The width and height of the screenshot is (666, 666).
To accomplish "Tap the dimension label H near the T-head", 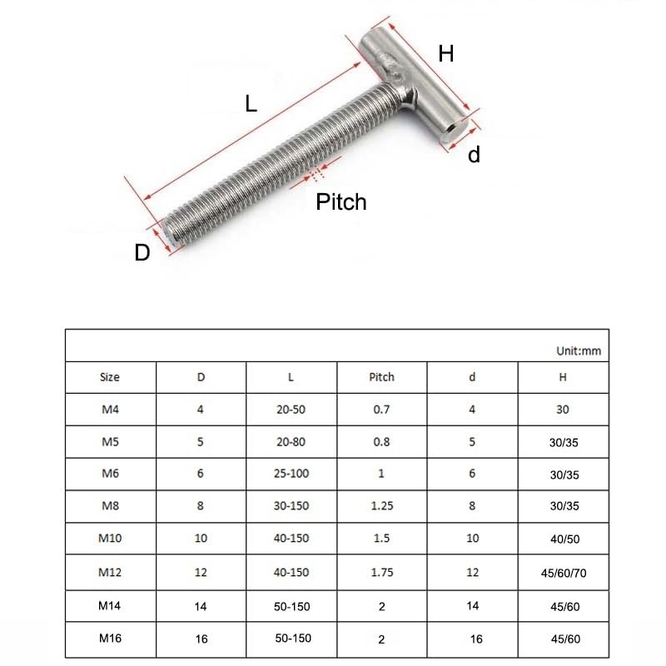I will (446, 54).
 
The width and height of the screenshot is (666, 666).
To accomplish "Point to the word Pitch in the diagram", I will (341, 201).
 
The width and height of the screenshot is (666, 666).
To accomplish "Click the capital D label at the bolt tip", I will (142, 253).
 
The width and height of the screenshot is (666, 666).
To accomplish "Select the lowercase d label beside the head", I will (474, 154).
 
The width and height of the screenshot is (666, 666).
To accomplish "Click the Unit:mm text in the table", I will (578, 350).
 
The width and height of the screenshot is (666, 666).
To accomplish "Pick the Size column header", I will (110, 377).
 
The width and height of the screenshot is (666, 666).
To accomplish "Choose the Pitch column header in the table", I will (381, 377).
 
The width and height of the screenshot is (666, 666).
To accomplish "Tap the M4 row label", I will (110, 410).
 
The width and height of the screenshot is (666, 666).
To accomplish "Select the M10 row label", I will (110, 539).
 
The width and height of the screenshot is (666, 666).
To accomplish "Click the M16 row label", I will (110, 639).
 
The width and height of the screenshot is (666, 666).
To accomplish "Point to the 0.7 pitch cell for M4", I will (381, 410).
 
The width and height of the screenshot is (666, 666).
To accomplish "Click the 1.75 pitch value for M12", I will (381, 572).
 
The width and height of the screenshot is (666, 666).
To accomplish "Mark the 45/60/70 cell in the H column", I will (563, 573).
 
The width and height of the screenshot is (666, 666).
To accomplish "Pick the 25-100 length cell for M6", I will (291, 475).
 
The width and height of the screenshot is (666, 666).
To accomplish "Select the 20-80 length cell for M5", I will (291, 442).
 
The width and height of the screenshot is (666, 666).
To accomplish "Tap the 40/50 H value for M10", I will (563, 539).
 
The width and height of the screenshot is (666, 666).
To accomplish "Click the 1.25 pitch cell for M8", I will (381, 507).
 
